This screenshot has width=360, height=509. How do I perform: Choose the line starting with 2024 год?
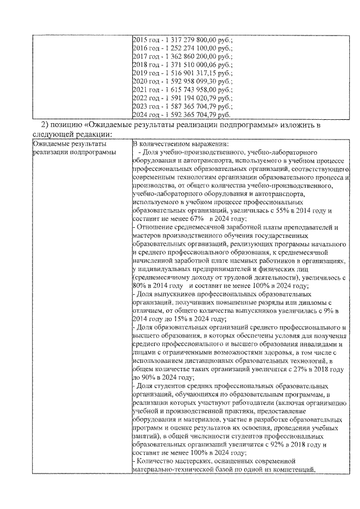181,114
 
